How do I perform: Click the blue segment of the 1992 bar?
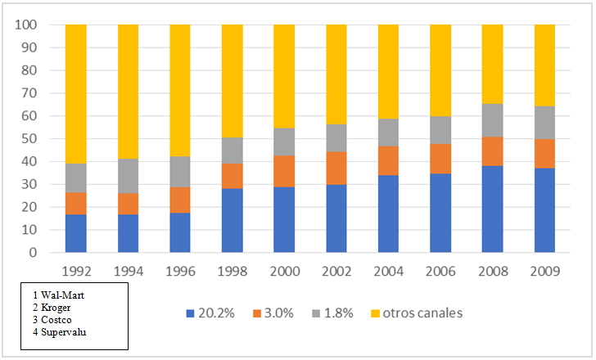coord(75,233)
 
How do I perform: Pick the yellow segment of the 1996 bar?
coord(180,90)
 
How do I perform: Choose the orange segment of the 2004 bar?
coord(388,160)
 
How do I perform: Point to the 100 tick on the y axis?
coord(25,25)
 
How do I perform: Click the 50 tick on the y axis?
coord(29,138)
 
